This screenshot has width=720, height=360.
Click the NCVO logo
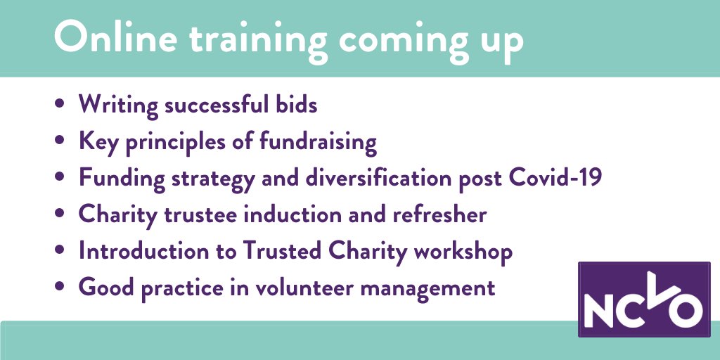[643, 298]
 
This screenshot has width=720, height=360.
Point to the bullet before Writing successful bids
[60, 105]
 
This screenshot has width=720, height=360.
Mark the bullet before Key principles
[60, 141]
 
